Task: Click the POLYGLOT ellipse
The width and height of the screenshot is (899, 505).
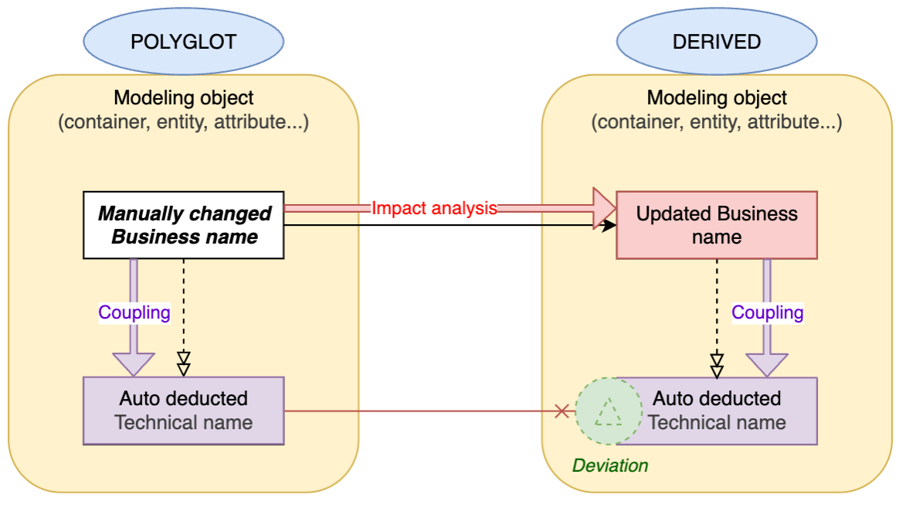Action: click(183, 41)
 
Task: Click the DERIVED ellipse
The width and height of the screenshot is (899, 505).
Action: click(716, 41)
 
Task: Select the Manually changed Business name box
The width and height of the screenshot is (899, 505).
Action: click(184, 225)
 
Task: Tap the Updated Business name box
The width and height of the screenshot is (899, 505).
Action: click(716, 225)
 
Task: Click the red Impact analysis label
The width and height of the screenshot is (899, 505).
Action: click(433, 208)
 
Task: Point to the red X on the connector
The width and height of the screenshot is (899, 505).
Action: click(561, 411)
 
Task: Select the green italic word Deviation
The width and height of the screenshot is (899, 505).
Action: click(609, 466)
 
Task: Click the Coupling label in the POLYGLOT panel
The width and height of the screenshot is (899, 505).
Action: click(134, 312)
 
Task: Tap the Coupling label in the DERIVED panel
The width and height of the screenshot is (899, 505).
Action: click(767, 312)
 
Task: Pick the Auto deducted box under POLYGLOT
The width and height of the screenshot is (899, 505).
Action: click(184, 411)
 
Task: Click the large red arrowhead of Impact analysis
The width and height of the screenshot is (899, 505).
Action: click(604, 208)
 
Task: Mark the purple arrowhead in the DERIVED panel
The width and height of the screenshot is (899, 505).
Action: click(767, 364)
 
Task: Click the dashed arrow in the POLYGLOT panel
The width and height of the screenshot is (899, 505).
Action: click(184, 309)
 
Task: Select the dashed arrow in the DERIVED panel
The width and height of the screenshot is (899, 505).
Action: click(717, 309)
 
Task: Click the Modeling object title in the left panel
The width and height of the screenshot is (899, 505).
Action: click(184, 98)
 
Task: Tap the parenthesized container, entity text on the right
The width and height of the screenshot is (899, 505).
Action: click(716, 122)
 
